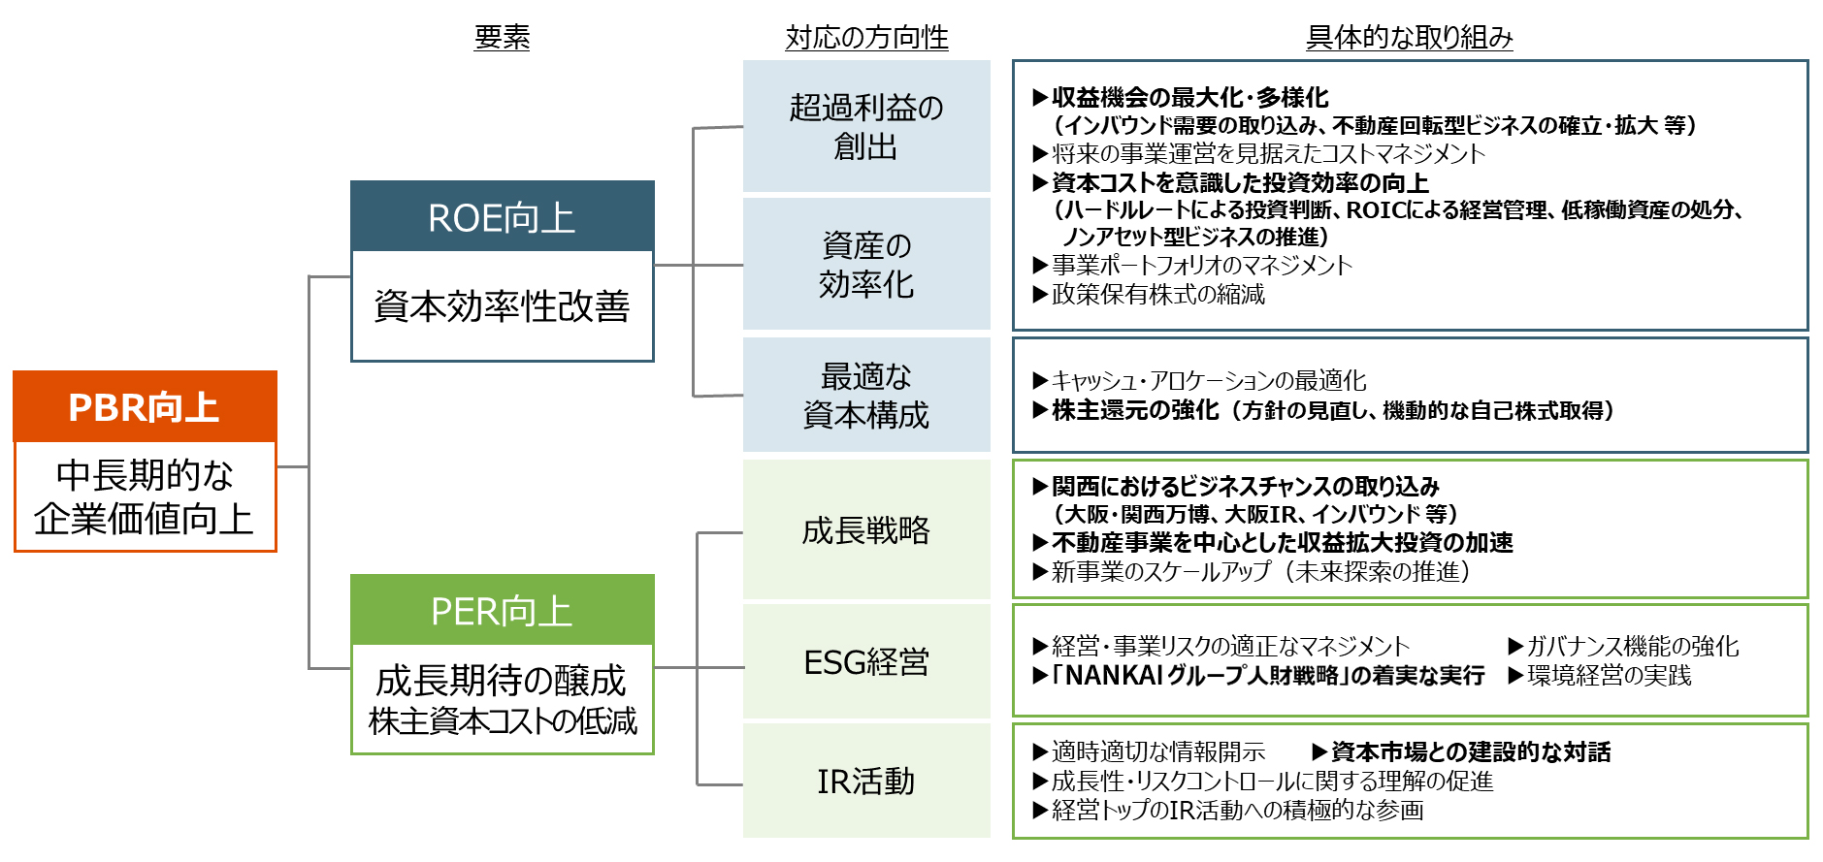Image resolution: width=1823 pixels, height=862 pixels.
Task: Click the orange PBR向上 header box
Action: [145, 406]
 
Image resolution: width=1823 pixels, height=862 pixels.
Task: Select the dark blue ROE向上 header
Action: [502, 217]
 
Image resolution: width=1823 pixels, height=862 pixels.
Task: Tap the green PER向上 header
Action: [502, 610]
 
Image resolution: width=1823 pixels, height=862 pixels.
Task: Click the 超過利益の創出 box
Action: [866, 126]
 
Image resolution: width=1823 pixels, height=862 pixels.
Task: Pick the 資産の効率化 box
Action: [866, 265]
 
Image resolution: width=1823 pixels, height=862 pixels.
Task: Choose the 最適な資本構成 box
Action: [866, 395]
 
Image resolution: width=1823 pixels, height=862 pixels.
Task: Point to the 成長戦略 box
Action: [866, 530]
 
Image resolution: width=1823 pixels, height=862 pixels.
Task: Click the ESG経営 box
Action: [866, 662]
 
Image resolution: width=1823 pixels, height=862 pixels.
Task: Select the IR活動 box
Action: [866, 781]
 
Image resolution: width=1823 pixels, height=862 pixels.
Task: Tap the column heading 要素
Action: [502, 38]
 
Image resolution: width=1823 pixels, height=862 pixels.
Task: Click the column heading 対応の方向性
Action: [866, 38]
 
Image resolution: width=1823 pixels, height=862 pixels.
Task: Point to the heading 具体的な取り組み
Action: [1409, 38]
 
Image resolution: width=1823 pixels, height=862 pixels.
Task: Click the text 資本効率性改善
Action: [502, 306]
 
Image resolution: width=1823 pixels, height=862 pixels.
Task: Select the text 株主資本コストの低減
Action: [503, 720]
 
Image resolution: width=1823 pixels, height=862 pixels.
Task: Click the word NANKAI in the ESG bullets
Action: [1114, 676]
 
